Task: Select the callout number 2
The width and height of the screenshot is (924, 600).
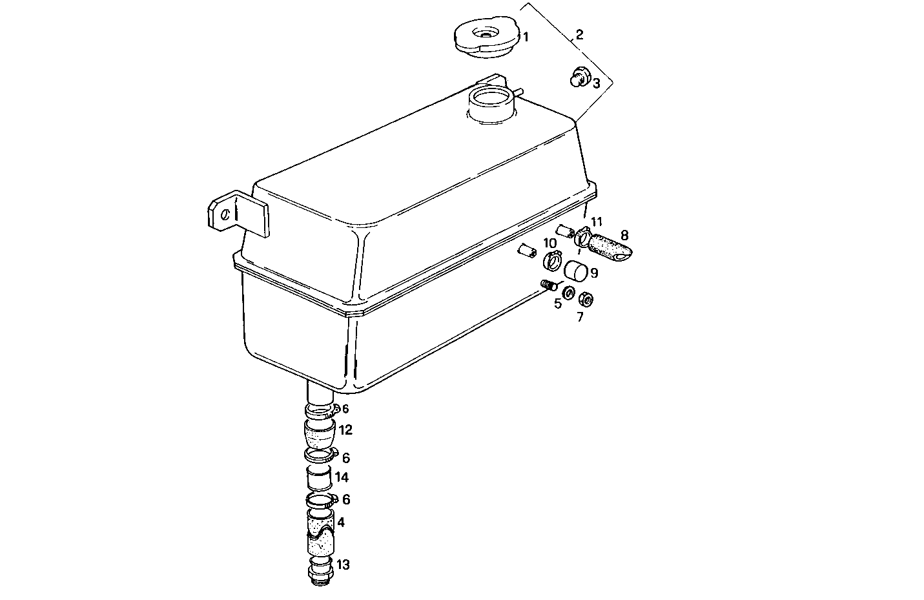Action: click(x=579, y=34)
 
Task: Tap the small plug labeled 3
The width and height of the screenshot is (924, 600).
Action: click(x=579, y=80)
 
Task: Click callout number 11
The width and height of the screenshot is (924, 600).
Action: click(x=596, y=222)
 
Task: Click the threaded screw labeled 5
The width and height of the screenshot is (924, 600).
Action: click(x=549, y=285)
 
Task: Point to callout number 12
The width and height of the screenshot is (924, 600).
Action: click(x=345, y=429)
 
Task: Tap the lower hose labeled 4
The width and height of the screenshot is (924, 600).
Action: click(x=320, y=533)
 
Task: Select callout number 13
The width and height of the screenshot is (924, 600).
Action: click(x=343, y=565)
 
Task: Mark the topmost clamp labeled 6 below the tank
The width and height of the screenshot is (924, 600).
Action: click(x=321, y=409)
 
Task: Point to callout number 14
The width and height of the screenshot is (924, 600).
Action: click(x=342, y=477)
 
